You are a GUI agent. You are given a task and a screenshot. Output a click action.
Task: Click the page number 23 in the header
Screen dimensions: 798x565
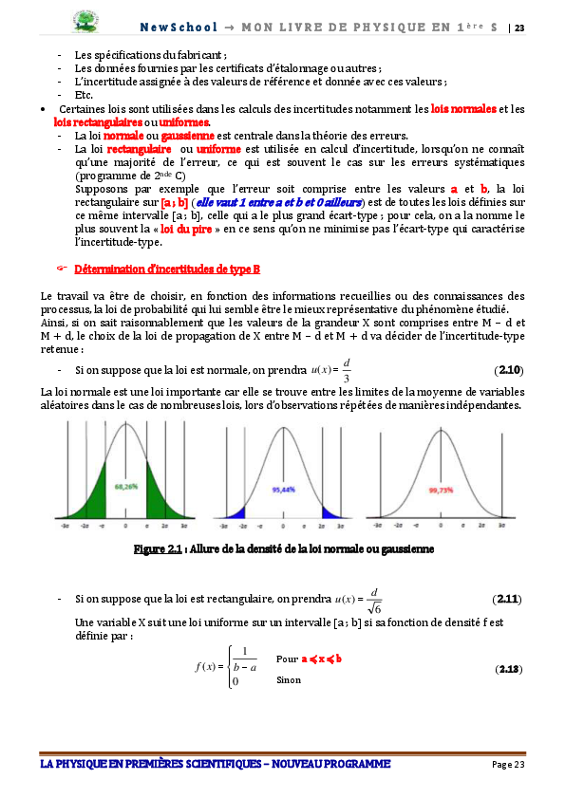[519, 28]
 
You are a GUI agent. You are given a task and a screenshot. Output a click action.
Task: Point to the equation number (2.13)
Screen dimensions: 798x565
[509, 669]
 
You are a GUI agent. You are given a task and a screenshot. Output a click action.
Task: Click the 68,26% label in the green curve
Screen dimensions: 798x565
[125, 485]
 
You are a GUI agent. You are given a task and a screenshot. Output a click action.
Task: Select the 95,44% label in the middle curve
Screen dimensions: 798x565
[282, 490]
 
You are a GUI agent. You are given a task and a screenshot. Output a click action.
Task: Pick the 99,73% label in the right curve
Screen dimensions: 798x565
[440, 491]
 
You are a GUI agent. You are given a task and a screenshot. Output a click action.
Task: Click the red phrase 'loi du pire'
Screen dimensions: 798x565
[185, 230]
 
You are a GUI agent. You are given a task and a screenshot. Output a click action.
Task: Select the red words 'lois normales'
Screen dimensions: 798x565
[463, 109]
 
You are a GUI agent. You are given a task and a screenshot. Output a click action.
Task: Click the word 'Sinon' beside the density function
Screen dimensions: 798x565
[288, 680]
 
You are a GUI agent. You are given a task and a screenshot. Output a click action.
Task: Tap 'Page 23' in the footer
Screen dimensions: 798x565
[507, 765]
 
